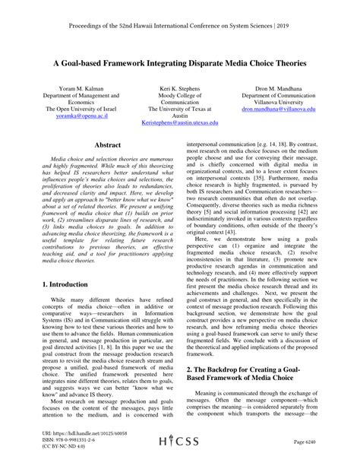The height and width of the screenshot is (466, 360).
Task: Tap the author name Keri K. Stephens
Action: pos(180,87)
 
